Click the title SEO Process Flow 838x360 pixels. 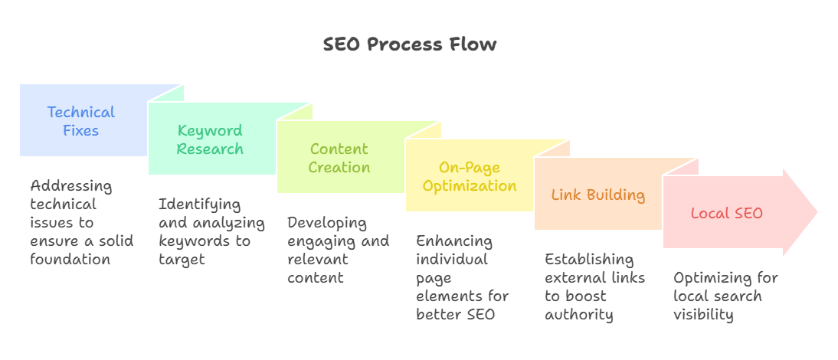[410, 44]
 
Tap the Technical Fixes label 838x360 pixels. [80, 121]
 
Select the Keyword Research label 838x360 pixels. [210, 139]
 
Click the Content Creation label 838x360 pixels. [339, 158]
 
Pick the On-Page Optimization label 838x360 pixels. [470, 177]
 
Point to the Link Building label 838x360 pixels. [598, 195]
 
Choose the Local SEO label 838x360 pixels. [727, 213]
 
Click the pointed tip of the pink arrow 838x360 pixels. [817, 212]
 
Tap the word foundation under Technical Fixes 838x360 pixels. [70, 259]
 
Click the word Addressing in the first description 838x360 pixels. [71, 187]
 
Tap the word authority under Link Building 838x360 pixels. [579, 315]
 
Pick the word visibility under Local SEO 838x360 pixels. [702, 315]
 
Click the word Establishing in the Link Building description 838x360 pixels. [589, 260]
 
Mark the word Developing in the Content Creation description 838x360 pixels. [327, 224]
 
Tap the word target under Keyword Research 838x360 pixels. [182, 260]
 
